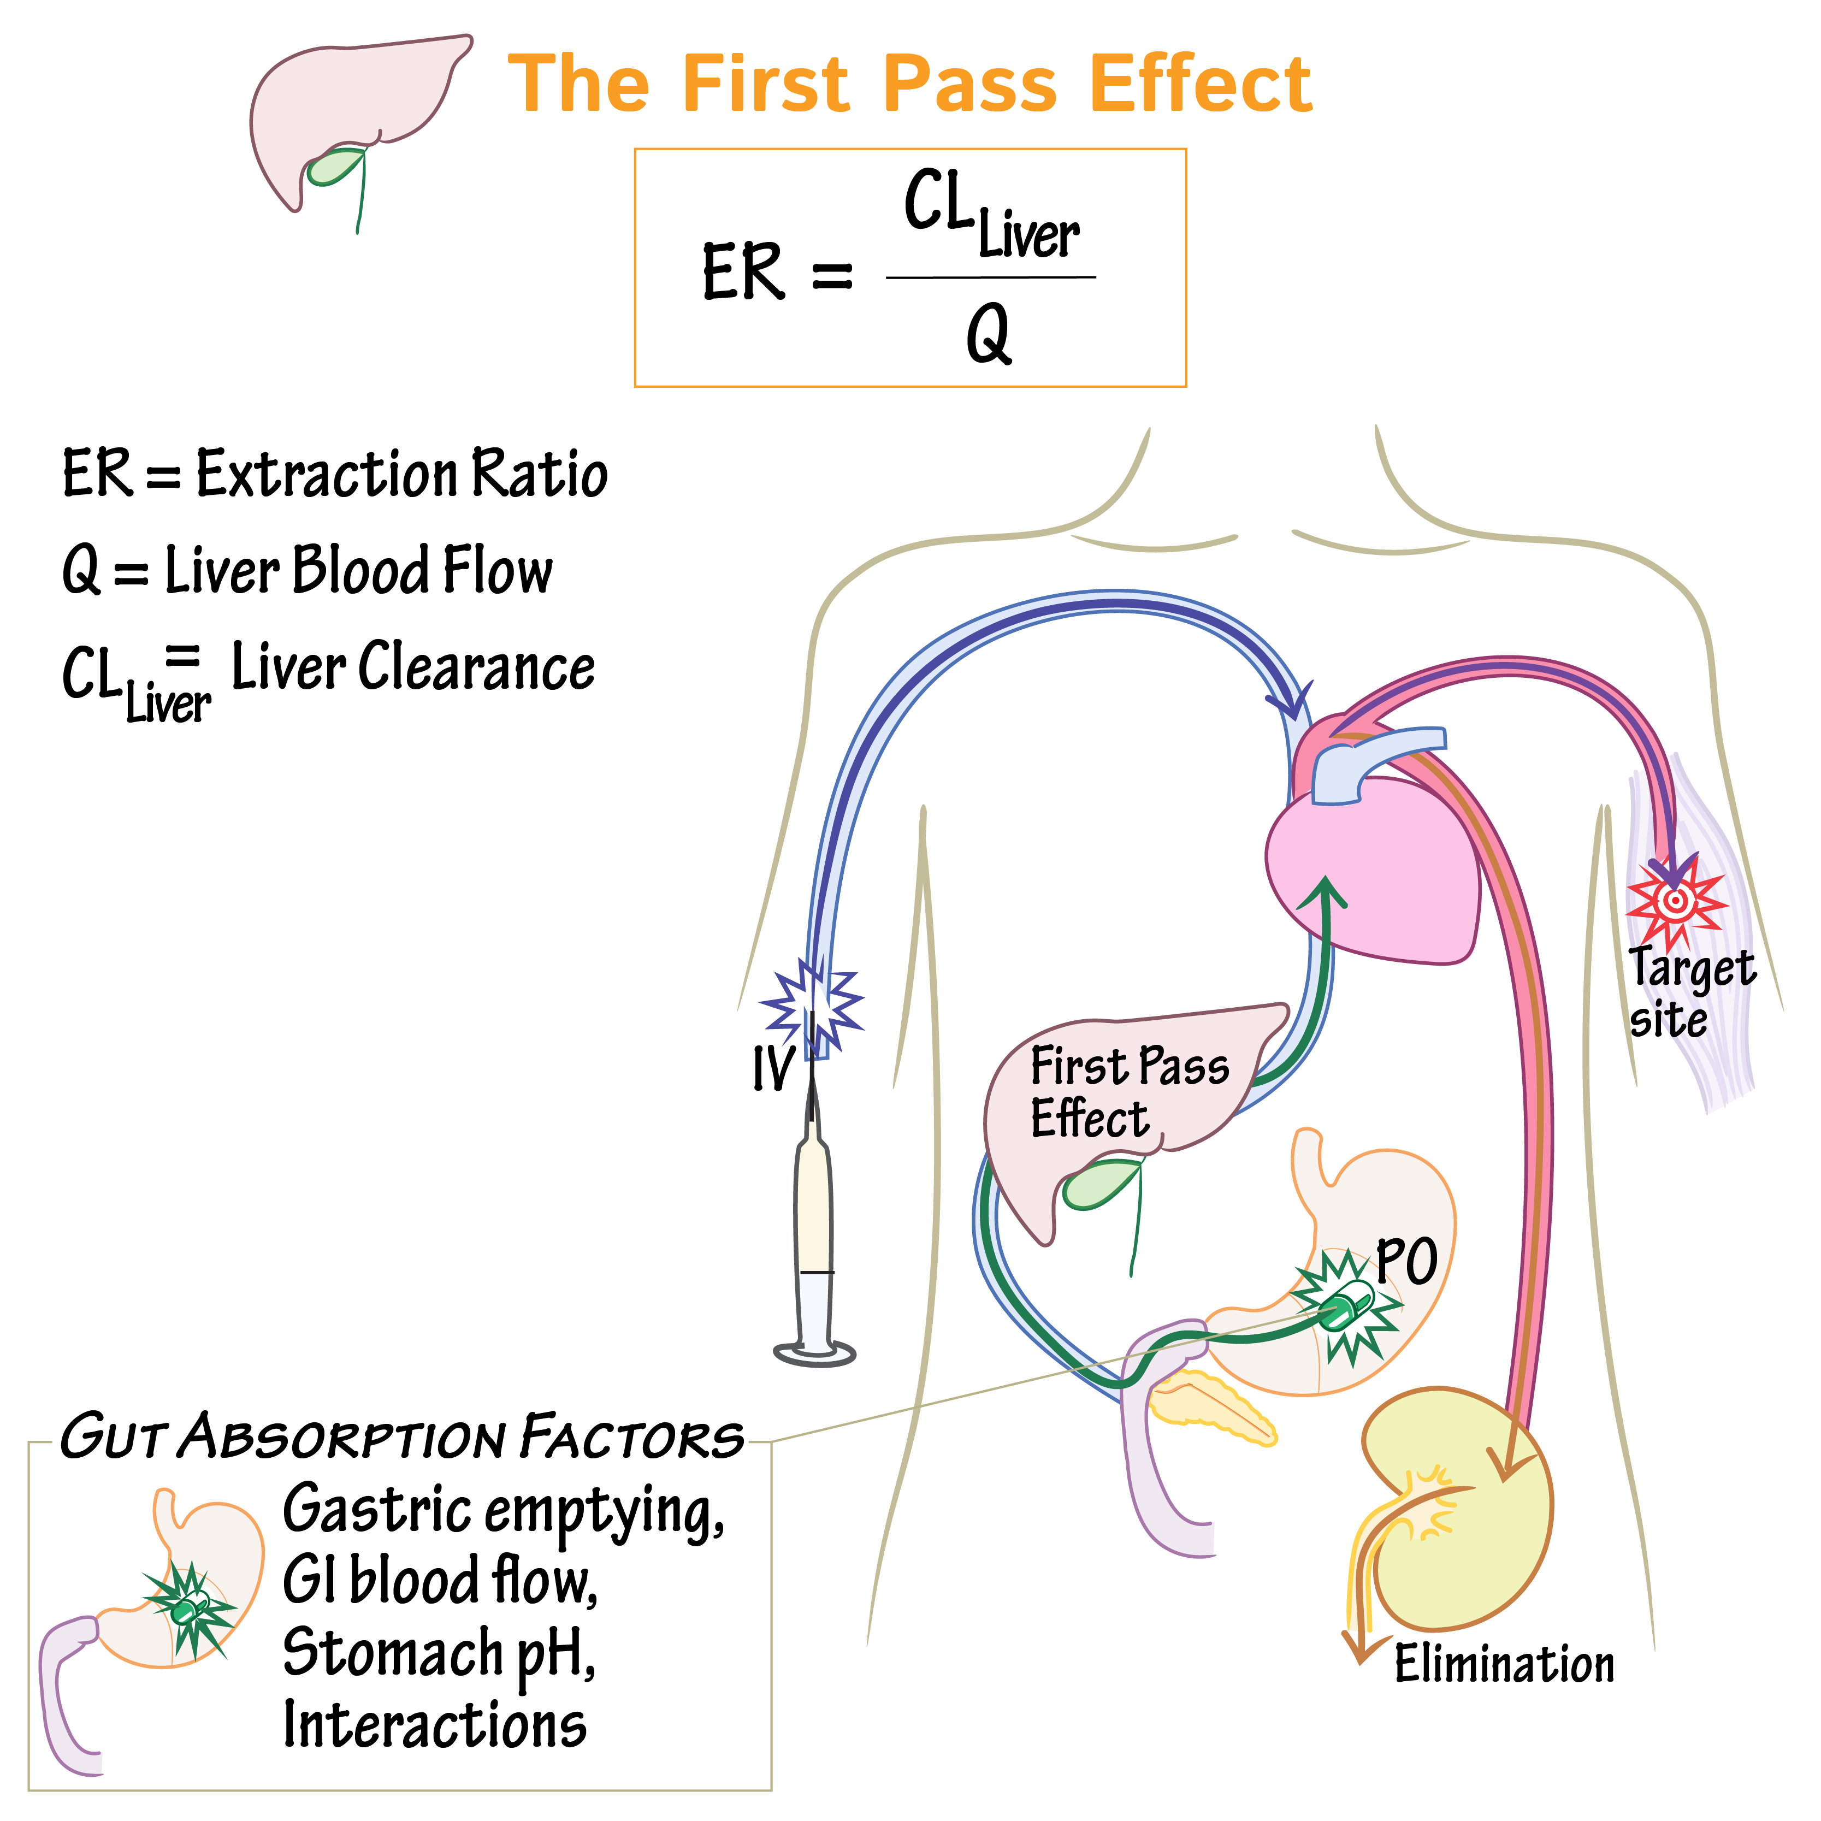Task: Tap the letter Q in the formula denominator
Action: [989, 335]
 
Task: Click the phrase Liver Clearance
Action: [413, 667]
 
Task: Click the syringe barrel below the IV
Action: [813, 1225]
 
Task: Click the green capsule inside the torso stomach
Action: [1346, 1308]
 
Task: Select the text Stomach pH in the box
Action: [438, 1653]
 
